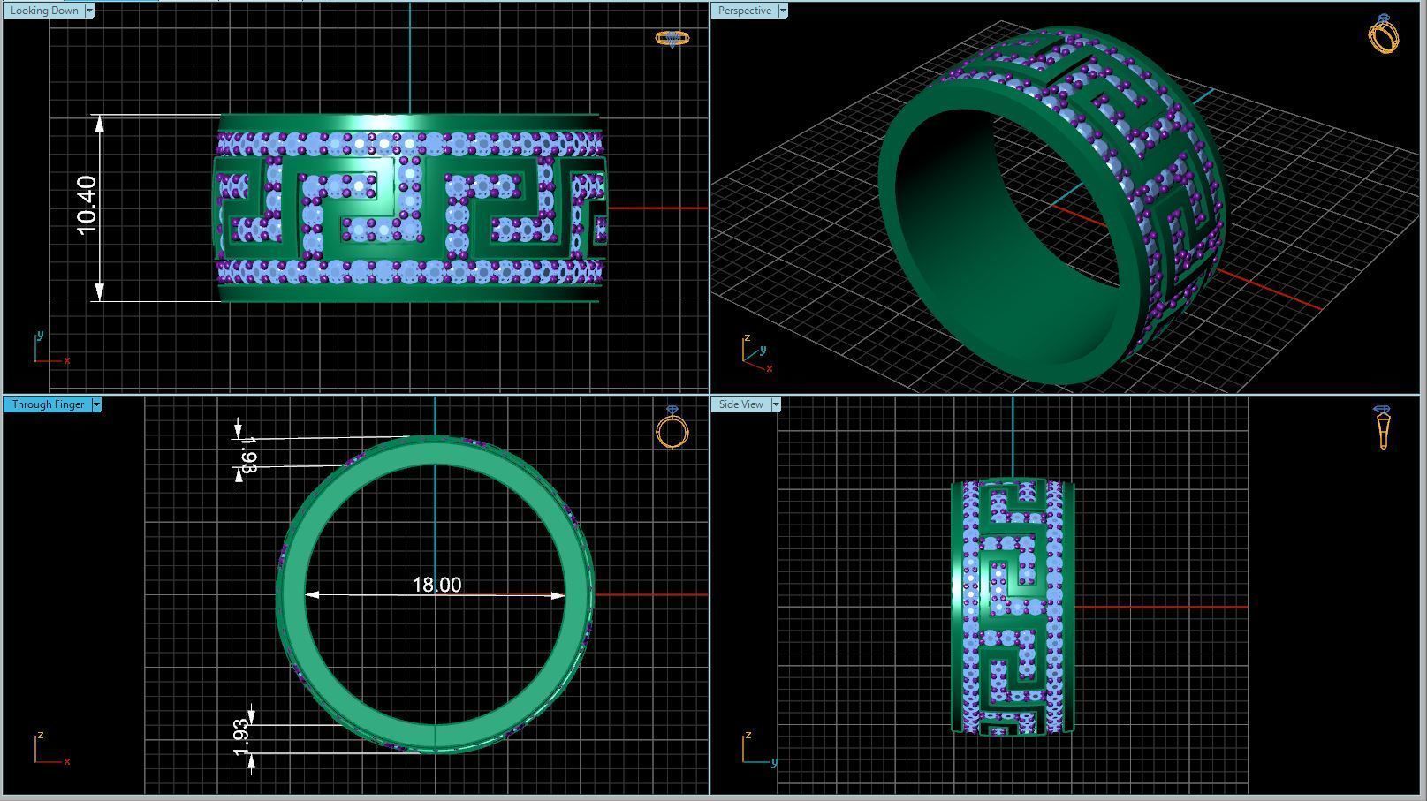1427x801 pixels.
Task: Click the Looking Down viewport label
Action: [x=43, y=11]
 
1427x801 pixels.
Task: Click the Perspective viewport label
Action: [x=744, y=11]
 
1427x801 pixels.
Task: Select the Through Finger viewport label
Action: [x=48, y=404]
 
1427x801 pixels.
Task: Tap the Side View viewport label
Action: [x=740, y=404]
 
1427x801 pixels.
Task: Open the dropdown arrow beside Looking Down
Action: [x=89, y=11]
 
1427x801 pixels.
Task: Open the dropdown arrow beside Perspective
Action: [x=783, y=11]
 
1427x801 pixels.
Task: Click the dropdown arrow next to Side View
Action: [x=776, y=404]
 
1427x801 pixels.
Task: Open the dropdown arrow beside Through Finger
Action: [x=96, y=404]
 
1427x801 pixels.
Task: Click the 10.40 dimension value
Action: [x=87, y=206]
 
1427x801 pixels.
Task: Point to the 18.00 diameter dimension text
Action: [x=436, y=585]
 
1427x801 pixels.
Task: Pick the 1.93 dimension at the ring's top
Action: [x=248, y=455]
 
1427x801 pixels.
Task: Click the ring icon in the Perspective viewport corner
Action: [x=1383, y=34]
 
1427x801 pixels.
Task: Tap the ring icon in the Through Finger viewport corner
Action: [x=672, y=429]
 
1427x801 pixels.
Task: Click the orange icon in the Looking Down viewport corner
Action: [x=672, y=38]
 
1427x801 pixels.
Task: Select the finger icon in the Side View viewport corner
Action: [x=1382, y=427]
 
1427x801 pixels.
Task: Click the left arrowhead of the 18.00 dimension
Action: [x=312, y=595]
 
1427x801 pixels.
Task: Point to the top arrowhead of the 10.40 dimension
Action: [x=100, y=124]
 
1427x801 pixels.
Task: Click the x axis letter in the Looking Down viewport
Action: [x=67, y=360]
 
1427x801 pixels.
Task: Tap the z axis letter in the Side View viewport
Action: [x=748, y=735]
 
